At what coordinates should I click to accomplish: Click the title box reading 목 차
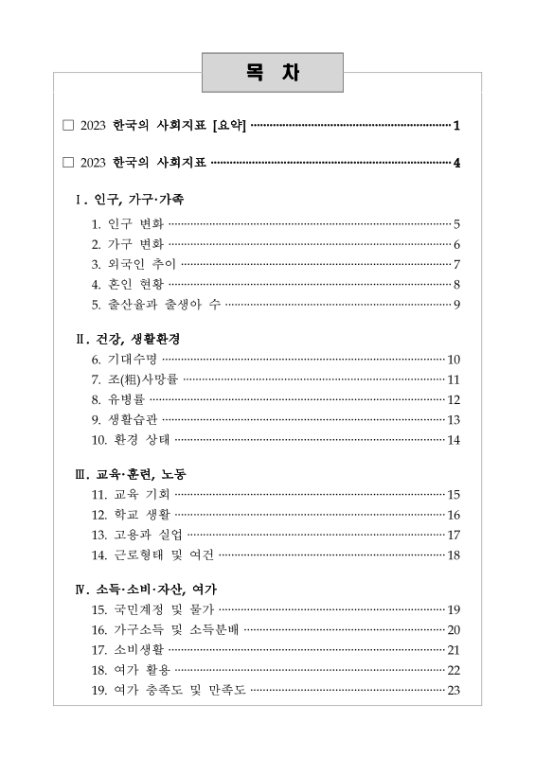(x=272, y=73)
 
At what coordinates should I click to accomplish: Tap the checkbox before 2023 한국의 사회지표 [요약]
(x=66, y=125)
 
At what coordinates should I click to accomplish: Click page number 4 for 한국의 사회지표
(x=456, y=163)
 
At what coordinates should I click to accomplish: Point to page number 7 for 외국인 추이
(x=456, y=264)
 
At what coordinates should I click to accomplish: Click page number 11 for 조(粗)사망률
(x=454, y=379)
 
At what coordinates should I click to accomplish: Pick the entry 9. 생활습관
(x=124, y=419)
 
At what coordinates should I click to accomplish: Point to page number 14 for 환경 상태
(x=454, y=439)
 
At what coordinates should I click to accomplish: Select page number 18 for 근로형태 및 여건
(x=454, y=555)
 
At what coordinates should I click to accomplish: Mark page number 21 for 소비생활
(x=454, y=649)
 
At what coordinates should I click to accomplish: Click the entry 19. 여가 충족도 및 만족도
(x=169, y=689)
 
